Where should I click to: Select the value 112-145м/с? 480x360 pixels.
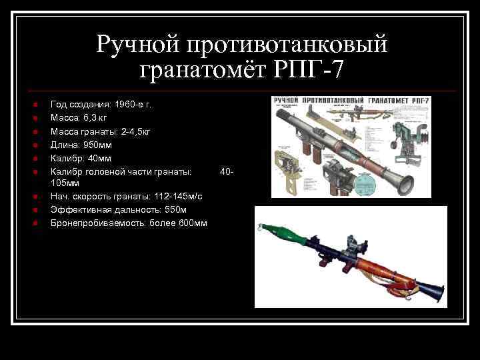point(173,196)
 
